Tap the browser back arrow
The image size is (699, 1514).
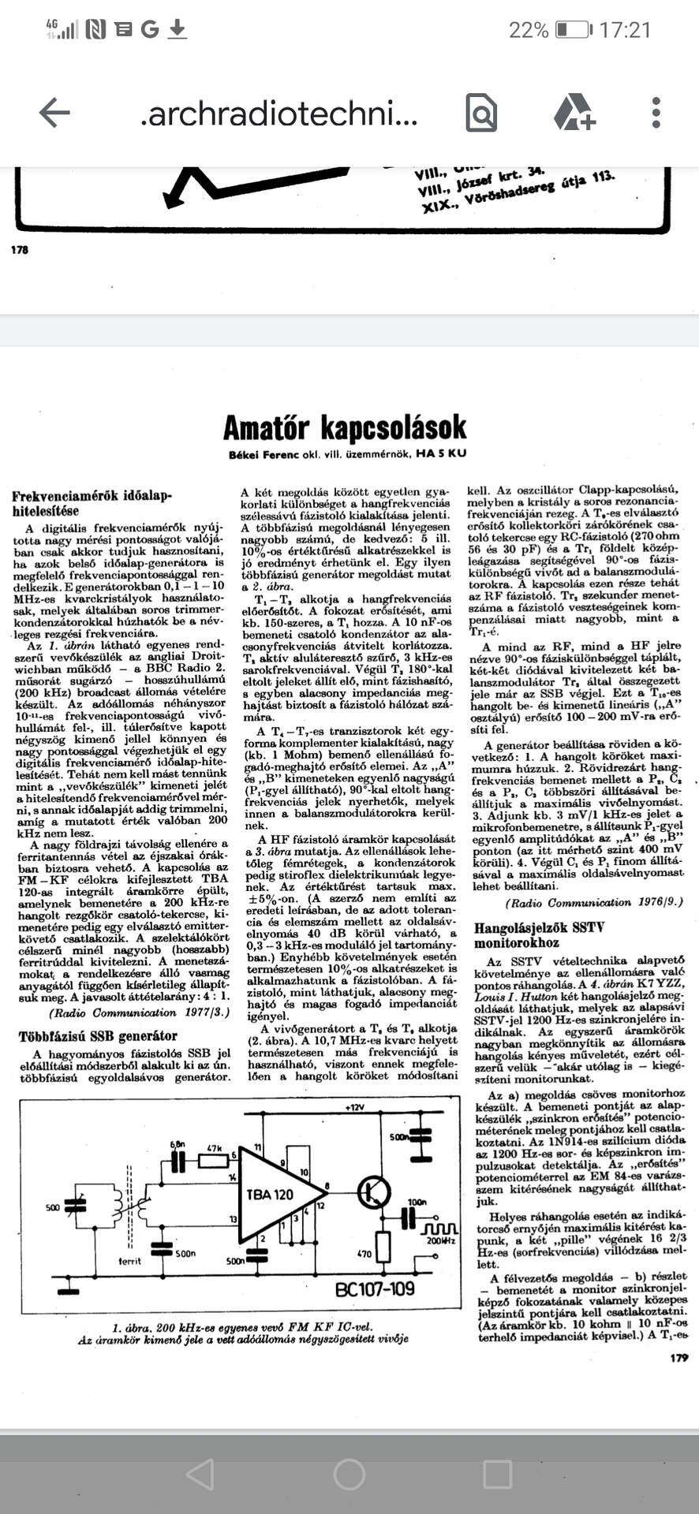click(x=54, y=113)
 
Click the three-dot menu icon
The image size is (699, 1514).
click(x=656, y=113)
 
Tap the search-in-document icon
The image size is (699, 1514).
click(x=481, y=113)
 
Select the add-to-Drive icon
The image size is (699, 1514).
click(x=574, y=113)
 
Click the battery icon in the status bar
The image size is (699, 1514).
click(x=571, y=30)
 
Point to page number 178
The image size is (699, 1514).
click(x=20, y=250)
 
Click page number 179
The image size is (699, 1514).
click(x=678, y=1357)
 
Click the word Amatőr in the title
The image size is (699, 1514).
click(x=268, y=428)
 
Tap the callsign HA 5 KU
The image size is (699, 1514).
click(x=442, y=454)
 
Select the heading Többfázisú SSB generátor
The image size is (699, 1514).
click(x=98, y=1035)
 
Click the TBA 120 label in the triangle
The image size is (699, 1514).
click(x=269, y=1194)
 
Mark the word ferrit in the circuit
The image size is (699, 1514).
click(x=130, y=1261)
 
